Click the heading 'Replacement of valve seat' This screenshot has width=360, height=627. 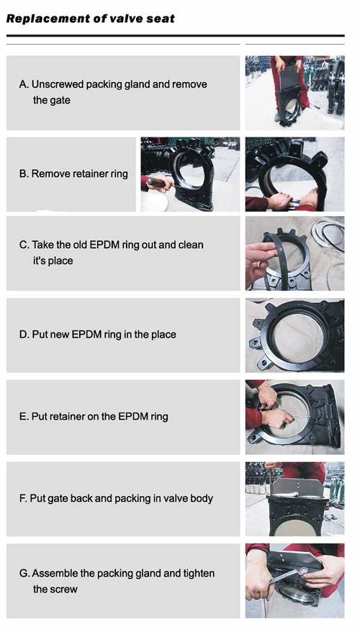[x=91, y=19]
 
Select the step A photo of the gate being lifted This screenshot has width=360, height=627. [x=294, y=93]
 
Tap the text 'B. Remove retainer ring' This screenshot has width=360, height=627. [x=73, y=173]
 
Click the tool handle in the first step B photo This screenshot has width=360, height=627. [x=157, y=183]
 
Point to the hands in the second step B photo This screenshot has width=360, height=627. [x=293, y=200]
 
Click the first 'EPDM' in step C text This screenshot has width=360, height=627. [x=104, y=245]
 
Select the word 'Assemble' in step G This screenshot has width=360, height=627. [x=55, y=574]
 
